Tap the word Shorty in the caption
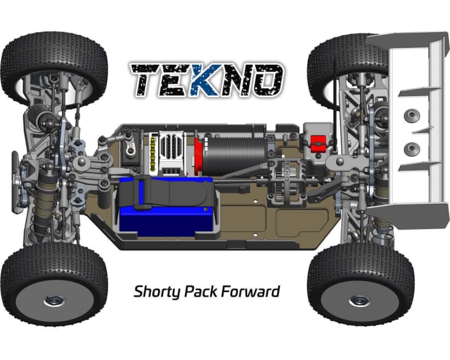pos(157,292)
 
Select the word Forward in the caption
pos(250,291)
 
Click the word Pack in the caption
pos(201,291)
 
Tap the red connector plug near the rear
pos(318,143)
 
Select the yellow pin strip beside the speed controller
pos(153,155)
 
